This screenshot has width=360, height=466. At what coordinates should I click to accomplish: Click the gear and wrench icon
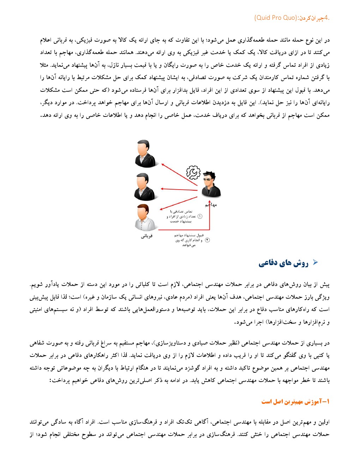tap(193, 173)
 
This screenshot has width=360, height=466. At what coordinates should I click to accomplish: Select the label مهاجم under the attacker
tap(211, 205)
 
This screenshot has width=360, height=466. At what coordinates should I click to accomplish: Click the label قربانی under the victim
tap(146, 236)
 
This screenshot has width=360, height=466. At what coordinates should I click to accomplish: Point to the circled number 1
tap(200, 216)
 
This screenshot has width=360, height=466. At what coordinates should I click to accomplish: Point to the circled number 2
tap(208, 240)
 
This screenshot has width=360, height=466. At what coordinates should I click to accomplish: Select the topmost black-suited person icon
tap(144, 154)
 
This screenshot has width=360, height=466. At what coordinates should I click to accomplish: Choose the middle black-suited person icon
tap(144, 187)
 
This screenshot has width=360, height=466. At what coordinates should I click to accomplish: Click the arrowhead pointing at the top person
tap(163, 165)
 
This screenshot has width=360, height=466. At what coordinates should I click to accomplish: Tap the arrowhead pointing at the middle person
tap(162, 189)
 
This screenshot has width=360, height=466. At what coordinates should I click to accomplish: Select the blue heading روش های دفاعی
tap(283, 263)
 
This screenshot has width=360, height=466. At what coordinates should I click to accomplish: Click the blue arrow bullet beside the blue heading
tap(316, 262)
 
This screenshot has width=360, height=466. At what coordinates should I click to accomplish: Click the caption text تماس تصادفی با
tap(181, 211)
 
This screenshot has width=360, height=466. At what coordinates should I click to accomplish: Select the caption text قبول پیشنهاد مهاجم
tap(189, 235)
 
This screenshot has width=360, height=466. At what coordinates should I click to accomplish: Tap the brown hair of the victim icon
tap(143, 208)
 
